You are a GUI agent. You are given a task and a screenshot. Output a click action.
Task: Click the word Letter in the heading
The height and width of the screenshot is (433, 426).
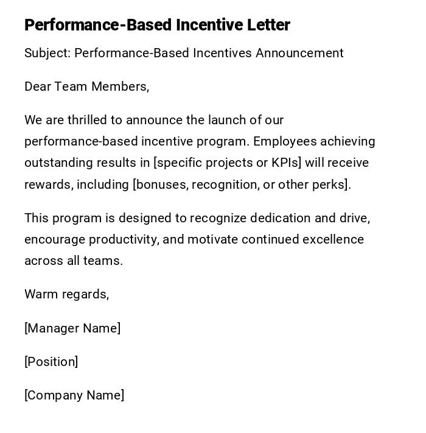click(268, 25)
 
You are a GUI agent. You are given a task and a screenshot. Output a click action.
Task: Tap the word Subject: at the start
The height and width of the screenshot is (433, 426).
click(47, 53)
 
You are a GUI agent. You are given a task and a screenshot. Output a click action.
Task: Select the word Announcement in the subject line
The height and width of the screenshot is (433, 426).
click(299, 53)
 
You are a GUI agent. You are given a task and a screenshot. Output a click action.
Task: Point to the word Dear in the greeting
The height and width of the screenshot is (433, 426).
click(38, 86)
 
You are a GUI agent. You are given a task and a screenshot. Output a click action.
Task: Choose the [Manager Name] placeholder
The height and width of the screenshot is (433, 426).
click(72, 328)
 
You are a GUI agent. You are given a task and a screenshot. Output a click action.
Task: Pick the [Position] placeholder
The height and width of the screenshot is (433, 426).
click(51, 362)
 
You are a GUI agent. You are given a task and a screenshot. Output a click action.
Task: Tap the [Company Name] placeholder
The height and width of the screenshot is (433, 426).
click(74, 395)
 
